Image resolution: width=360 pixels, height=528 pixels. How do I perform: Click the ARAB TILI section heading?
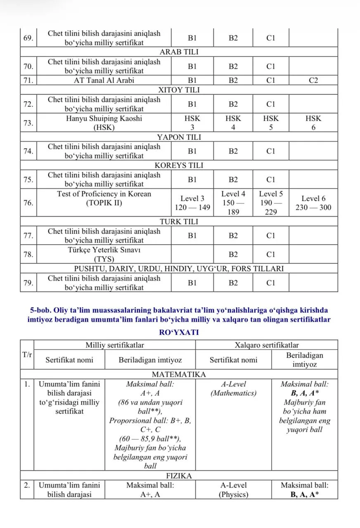(179, 52)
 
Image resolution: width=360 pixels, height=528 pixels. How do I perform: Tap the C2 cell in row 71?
(313, 81)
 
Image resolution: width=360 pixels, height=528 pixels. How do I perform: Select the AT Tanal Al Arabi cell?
(104, 81)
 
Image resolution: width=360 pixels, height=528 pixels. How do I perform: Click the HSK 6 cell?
(313, 123)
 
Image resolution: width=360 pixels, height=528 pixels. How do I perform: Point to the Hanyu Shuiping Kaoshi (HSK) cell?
(104, 123)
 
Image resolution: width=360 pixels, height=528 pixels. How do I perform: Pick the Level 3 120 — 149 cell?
(192, 203)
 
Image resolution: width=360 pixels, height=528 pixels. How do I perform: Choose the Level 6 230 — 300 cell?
(313, 203)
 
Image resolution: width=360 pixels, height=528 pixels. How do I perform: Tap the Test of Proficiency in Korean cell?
(104, 198)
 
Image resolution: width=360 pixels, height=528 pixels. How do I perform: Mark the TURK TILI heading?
(179, 222)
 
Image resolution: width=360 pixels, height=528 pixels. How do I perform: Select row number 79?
(28, 283)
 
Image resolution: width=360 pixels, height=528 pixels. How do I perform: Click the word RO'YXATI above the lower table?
(179, 332)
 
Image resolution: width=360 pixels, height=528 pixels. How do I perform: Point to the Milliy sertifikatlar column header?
(115, 345)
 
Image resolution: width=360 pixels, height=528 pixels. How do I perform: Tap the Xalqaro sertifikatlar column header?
(266, 345)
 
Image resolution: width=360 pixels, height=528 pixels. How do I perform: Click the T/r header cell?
(27, 355)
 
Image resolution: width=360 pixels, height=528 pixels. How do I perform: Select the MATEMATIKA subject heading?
(179, 375)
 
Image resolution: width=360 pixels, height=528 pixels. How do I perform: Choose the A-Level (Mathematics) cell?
(233, 389)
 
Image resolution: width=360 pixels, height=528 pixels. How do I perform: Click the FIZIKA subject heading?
(179, 476)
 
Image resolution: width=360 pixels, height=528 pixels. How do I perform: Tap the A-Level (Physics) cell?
(233, 490)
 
